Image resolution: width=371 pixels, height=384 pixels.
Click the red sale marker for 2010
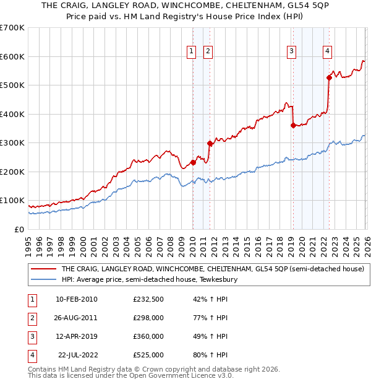pyautogui.click(x=193, y=162)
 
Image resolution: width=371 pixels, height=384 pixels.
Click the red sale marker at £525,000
pyautogui.click(x=329, y=78)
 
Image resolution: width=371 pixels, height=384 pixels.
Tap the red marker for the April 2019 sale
pyautogui.click(x=293, y=125)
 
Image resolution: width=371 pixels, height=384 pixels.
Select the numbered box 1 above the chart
pyautogui.click(x=192, y=51)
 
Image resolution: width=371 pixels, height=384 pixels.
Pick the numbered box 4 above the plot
pyautogui.click(x=327, y=51)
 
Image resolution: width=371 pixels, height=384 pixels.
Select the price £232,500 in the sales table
pyautogui.click(x=148, y=299)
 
